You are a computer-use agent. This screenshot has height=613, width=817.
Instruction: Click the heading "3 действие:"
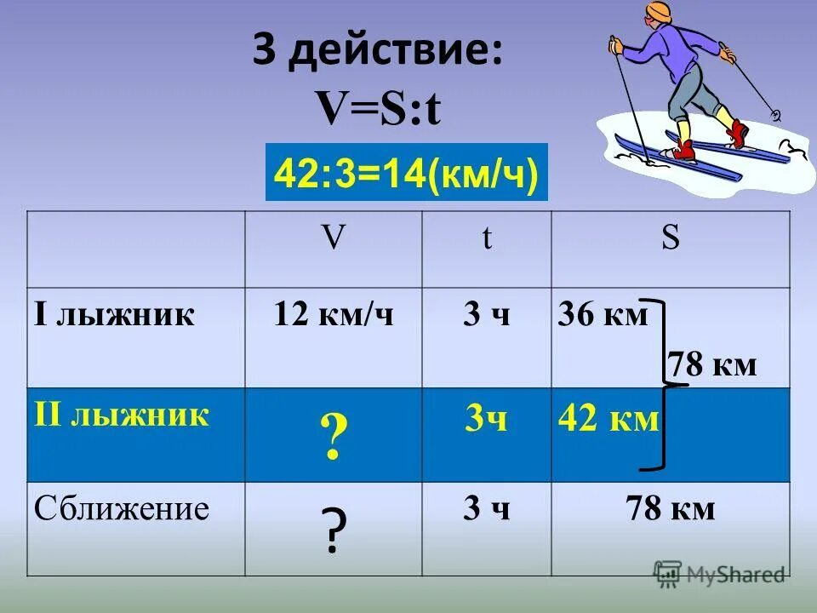coord(377,54)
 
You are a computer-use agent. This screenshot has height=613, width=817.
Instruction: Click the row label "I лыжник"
coord(115,315)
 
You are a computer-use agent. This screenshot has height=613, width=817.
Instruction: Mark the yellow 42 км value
coord(608,419)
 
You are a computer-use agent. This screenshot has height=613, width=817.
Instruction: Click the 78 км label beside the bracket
coord(712,365)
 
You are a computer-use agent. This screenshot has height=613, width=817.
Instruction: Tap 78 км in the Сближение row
coord(671,509)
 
